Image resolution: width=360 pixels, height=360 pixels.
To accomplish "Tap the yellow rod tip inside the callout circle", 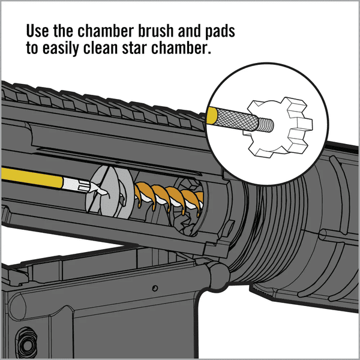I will pyautogui.click(x=212, y=115).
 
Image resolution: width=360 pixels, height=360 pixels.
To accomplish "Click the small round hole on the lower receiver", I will pyautogui.click(x=154, y=289).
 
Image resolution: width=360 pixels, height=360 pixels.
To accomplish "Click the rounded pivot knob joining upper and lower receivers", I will pyautogui.click(x=217, y=274).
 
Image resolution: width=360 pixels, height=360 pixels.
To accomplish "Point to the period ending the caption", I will pyautogui.click(x=210, y=53).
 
